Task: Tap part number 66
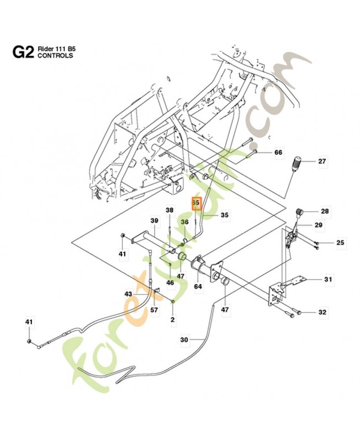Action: coord(278,152)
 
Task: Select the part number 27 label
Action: coord(322,161)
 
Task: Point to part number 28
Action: coord(325,211)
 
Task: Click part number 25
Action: coord(325,243)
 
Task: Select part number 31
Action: coord(329,280)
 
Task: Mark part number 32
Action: coord(322,313)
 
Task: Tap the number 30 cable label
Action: coord(184,339)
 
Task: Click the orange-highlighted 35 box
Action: coord(195,203)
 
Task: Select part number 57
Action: coord(154,310)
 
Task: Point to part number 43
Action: coord(128,294)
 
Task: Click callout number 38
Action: coord(170,210)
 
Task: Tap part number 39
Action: coord(154,221)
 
